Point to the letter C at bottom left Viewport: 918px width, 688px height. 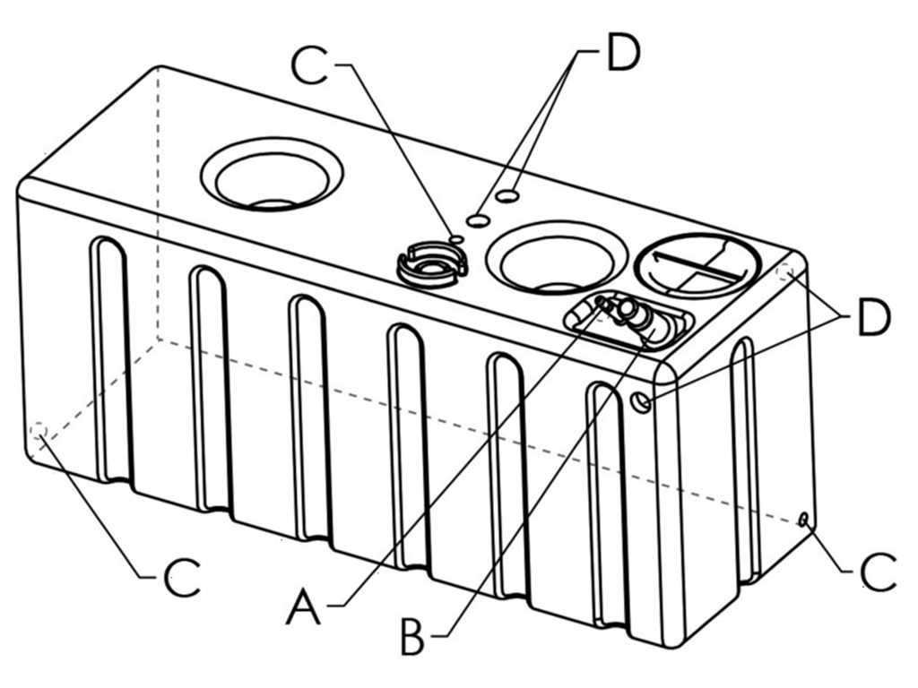pos(182,579)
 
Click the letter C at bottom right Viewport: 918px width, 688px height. pos(878,571)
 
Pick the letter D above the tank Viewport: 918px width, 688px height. pos(622,55)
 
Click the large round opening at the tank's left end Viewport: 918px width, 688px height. pos(272,173)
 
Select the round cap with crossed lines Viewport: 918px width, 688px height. pos(697,264)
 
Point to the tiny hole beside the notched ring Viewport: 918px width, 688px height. pos(456,239)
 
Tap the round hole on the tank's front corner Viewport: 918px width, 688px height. pos(641,401)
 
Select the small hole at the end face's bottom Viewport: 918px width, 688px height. pos(804,519)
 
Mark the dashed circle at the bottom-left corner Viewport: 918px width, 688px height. pos(39,434)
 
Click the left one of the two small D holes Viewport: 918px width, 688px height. pos(479,220)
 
